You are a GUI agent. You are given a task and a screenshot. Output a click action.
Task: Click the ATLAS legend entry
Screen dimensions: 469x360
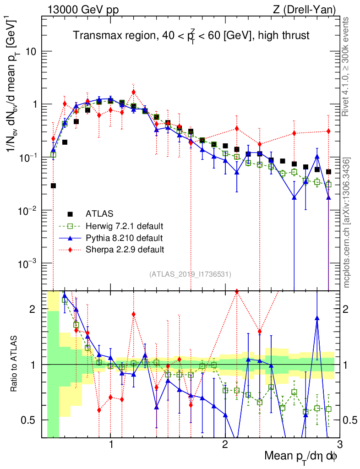coord(99,213)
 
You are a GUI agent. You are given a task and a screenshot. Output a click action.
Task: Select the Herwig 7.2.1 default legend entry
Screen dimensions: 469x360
coord(124,226)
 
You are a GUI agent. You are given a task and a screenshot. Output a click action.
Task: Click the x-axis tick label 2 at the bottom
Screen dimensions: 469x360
coord(225,445)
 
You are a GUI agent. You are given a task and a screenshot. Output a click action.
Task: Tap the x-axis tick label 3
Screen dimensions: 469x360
coord(339,445)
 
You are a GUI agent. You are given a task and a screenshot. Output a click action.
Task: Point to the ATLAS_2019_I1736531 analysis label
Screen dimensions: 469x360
coord(190,274)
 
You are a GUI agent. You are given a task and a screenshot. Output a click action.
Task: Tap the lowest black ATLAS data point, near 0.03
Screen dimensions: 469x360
coord(53,185)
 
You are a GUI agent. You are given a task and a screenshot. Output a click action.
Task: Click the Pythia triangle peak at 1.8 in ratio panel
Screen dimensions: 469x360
coord(317,318)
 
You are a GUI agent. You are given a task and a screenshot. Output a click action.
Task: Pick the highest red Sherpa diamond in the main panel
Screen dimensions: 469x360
coord(133,92)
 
